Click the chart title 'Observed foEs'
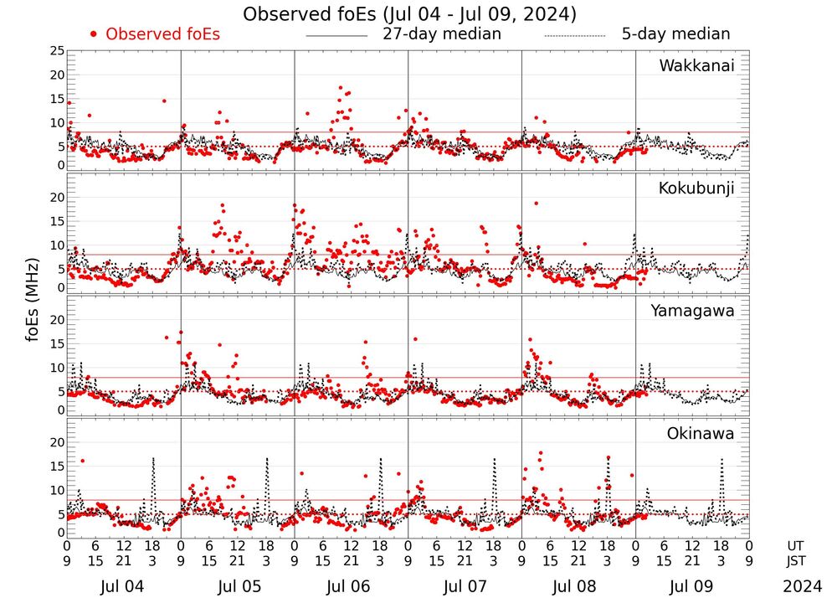click(409, 14)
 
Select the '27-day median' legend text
click(442, 34)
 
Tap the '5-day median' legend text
click(675, 34)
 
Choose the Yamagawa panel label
click(692, 311)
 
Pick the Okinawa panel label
click(701, 433)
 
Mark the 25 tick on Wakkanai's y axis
click(57, 51)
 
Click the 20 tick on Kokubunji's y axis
click(57, 198)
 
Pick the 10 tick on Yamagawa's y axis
click(57, 368)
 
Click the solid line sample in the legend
click(336, 36)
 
